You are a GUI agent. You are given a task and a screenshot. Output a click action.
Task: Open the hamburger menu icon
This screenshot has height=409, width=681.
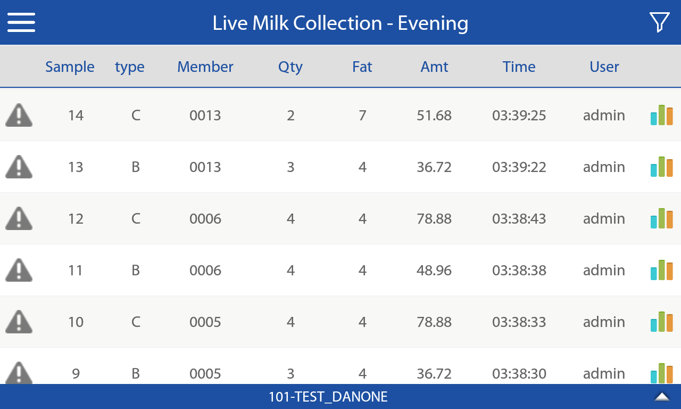tap(21, 22)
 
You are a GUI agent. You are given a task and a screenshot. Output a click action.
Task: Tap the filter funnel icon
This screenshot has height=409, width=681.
tap(659, 22)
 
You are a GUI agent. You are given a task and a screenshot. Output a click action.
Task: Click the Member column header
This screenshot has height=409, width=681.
tap(205, 67)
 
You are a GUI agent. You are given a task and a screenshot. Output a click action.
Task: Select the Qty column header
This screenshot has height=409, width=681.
tap(290, 67)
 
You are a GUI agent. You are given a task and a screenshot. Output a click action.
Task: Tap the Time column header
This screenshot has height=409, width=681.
tap(519, 67)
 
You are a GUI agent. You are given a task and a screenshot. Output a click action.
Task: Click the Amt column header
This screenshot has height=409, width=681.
tap(434, 67)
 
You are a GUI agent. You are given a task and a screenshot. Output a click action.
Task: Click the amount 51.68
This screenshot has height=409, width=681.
tap(434, 116)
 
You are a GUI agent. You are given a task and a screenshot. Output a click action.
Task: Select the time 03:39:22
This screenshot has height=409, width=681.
tap(519, 167)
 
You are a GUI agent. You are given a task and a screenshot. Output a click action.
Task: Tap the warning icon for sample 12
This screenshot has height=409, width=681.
tap(19, 218)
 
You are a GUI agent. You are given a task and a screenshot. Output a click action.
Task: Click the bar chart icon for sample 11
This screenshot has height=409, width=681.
tap(661, 270)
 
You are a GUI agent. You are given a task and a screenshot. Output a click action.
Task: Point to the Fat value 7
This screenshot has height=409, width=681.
tap(362, 116)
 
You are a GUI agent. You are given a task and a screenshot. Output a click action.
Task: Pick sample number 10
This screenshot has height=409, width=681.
tap(76, 322)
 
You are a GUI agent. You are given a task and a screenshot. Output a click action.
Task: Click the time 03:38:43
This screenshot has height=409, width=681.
tap(519, 219)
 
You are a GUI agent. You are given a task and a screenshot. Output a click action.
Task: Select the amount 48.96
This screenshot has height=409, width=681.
tap(434, 271)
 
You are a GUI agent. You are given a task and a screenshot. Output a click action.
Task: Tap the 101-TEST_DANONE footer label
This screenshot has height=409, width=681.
tap(328, 397)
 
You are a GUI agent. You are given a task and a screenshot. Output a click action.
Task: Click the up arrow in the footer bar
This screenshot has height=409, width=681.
tap(662, 397)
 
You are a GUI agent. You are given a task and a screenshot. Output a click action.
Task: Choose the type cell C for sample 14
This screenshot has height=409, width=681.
tap(136, 116)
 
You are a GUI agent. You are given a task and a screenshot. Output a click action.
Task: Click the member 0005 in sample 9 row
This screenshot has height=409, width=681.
tap(205, 373)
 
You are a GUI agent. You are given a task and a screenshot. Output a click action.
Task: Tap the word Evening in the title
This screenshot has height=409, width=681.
tap(433, 23)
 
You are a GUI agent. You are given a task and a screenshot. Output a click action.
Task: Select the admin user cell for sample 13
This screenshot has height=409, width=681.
tap(604, 167)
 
